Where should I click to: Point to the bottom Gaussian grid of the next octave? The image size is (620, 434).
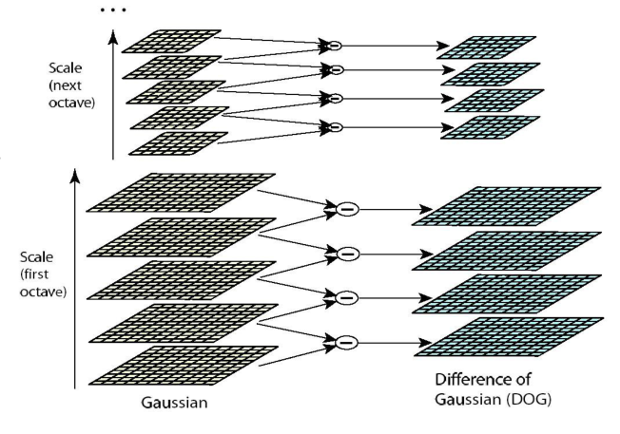177,142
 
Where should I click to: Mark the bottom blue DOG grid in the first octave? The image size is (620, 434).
508,338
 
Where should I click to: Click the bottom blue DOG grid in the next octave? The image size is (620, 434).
492,127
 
